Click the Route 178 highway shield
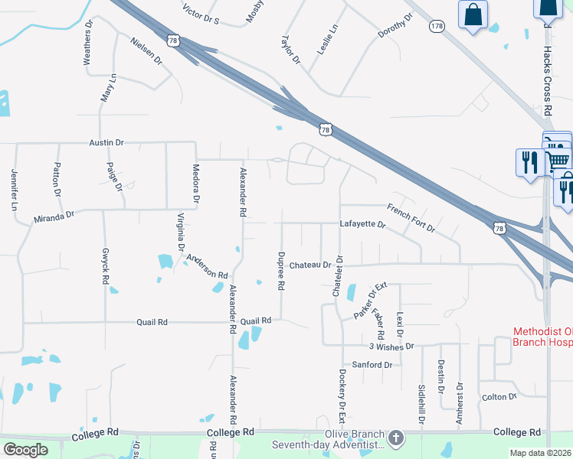[437, 26]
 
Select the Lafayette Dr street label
[362, 224]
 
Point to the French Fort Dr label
[411, 218]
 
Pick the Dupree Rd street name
[281, 270]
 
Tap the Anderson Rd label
[207, 268]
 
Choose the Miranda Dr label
[54, 218]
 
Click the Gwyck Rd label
[105, 266]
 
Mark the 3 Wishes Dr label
[392, 346]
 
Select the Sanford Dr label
[372, 365]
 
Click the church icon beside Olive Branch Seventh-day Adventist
[395, 438]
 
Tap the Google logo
[25, 450]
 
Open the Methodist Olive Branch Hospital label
[542, 337]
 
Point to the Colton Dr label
[499, 397]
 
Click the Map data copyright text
[541, 453]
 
